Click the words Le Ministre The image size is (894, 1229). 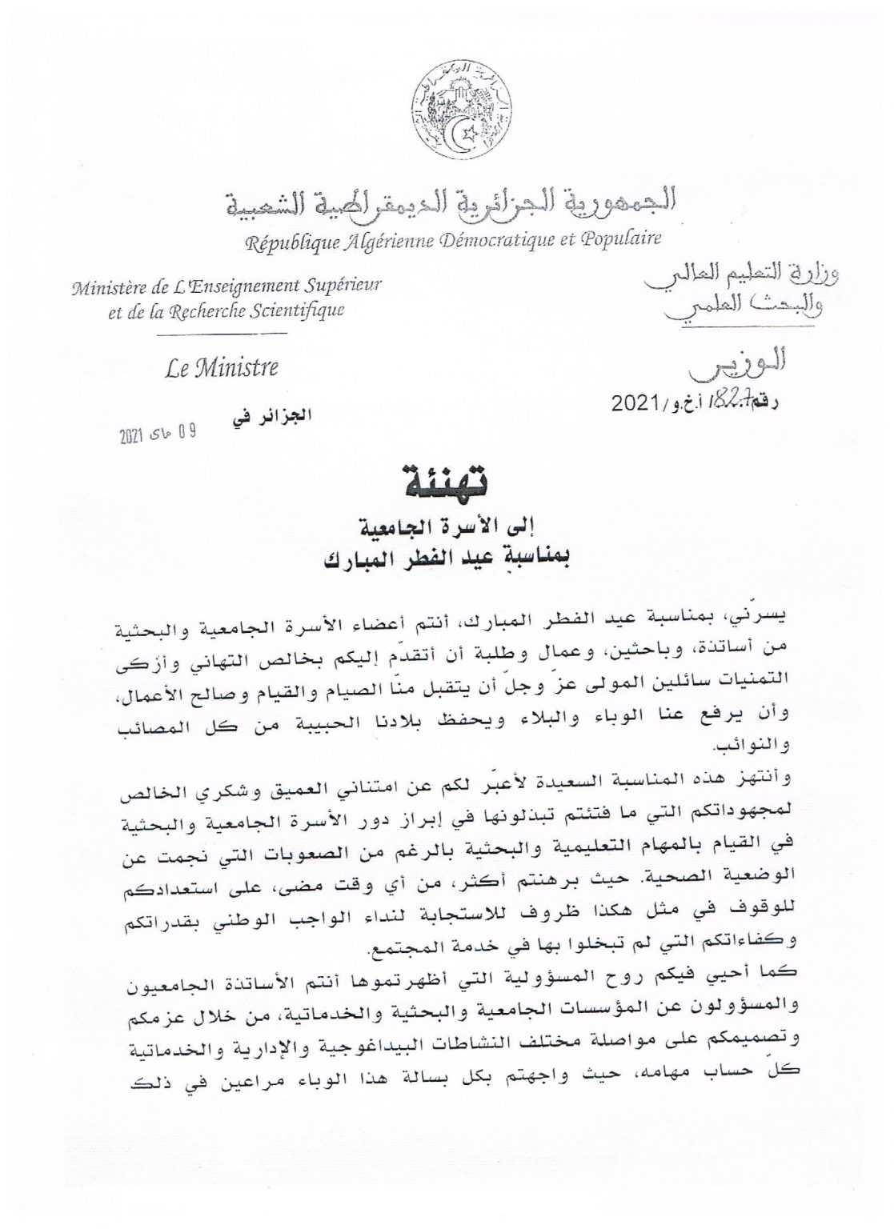point(222,369)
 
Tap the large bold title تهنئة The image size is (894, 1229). point(447,482)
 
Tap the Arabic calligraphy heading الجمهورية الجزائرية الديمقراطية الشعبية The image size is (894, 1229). point(448,204)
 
